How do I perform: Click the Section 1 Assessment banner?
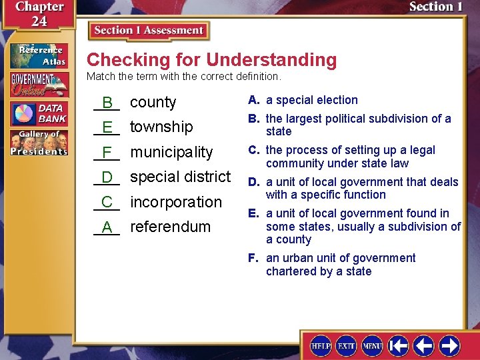coord(149,31)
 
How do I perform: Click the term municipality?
coord(171,152)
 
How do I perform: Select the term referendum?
coord(170,227)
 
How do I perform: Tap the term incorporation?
coord(176,202)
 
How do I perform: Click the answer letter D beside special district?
coord(107,177)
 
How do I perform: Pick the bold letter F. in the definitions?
coord(254,258)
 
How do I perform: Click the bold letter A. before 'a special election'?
coord(254,100)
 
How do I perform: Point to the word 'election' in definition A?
coord(337,100)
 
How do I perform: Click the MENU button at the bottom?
coord(372,346)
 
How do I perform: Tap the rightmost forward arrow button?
coord(449,346)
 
